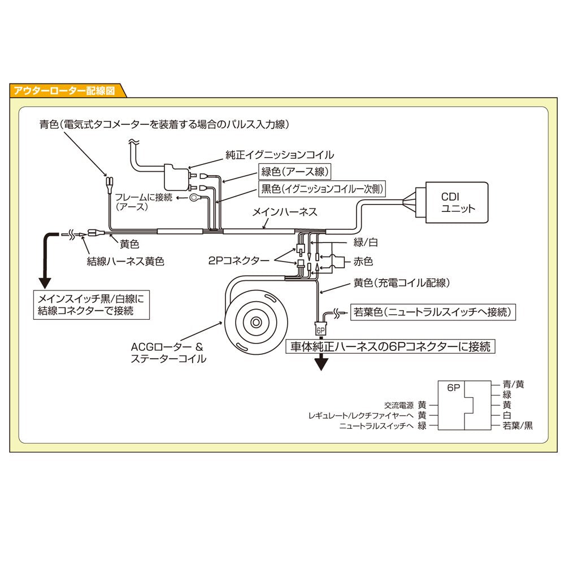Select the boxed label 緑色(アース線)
click(x=294, y=171)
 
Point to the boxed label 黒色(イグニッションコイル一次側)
click(x=322, y=189)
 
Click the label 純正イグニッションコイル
click(x=280, y=154)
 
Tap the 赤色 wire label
click(x=362, y=262)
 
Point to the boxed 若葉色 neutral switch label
click(x=432, y=311)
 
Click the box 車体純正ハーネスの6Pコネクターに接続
click(x=390, y=346)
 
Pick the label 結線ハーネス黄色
click(x=125, y=262)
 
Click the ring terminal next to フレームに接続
click(x=195, y=198)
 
